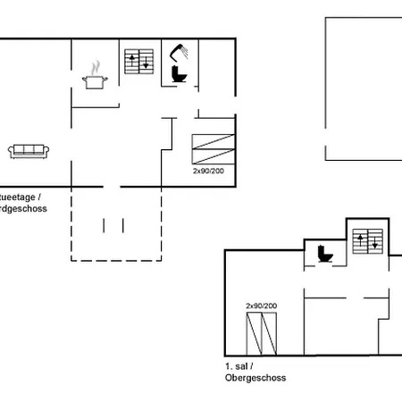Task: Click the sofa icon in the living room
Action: click(29, 151)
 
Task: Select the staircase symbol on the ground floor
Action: click(138, 63)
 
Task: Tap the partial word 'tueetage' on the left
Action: click(20, 197)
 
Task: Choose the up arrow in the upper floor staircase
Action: click(362, 239)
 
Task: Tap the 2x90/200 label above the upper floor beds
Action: click(261, 306)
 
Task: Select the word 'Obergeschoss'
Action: click(255, 377)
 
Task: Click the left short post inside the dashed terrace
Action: click(105, 223)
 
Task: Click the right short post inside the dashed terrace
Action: click(118, 223)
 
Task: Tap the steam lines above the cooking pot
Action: click(95, 66)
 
